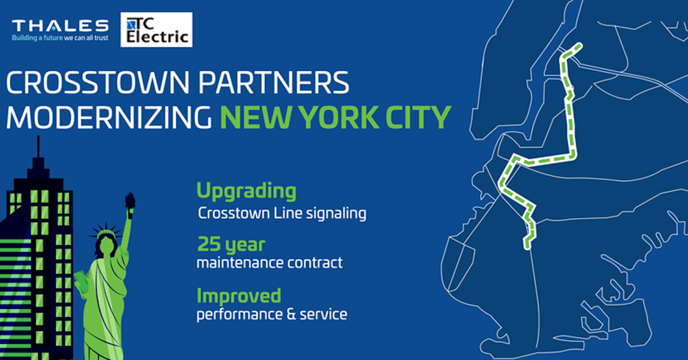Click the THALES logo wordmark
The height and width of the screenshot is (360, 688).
tap(60, 26)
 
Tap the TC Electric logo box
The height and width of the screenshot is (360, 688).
tap(156, 30)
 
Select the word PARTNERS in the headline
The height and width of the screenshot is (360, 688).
tap(274, 83)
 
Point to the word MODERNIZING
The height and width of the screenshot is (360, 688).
tap(109, 118)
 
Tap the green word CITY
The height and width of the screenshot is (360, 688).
tap(418, 118)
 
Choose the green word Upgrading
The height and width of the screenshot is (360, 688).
tap(246, 191)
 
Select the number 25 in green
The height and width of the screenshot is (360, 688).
tap(209, 244)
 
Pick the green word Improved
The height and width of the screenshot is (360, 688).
tap(239, 297)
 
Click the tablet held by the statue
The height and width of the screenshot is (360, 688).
tap(81, 281)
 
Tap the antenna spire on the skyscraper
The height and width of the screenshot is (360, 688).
tap(38, 147)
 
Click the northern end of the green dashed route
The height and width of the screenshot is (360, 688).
tap(580, 46)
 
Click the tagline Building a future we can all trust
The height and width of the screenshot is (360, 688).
tap(60, 38)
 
